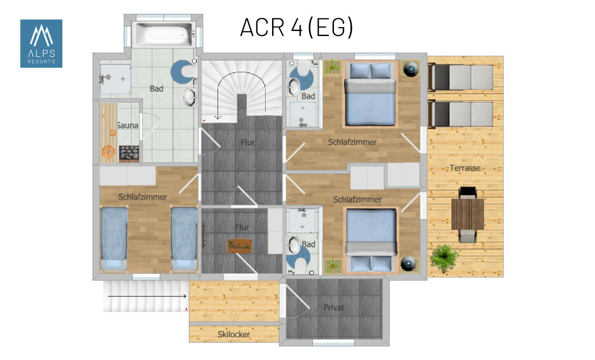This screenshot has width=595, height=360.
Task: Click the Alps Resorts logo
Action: (x=41, y=44)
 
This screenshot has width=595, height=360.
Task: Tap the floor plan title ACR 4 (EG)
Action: (x=296, y=27)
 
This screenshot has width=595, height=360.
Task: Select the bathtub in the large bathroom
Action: (x=164, y=34)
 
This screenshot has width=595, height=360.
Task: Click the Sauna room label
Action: (x=128, y=126)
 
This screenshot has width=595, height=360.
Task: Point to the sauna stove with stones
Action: (x=129, y=153)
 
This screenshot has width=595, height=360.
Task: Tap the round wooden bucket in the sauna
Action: (x=108, y=152)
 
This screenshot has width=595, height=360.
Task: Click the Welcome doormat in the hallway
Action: (x=239, y=246)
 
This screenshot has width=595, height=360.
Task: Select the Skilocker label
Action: (x=234, y=334)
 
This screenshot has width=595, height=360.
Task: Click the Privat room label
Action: (x=334, y=307)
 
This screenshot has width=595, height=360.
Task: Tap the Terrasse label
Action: (x=465, y=168)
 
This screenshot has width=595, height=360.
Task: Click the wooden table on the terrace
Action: (x=468, y=214)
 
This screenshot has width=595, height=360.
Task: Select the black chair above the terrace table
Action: (x=468, y=193)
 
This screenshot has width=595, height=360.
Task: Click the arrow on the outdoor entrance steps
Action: (x=147, y=296)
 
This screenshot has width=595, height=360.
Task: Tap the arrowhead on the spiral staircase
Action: (x=218, y=117)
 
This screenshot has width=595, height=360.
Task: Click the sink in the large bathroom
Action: (x=190, y=98)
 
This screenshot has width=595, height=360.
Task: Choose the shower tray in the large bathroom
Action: (x=115, y=79)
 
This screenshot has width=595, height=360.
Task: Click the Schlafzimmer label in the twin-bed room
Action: (x=143, y=197)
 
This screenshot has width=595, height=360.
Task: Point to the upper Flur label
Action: (x=247, y=142)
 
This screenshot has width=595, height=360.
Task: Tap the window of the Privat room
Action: (x=334, y=343)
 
